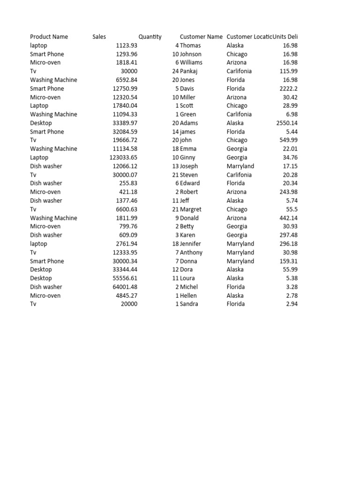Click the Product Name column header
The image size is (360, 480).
(49, 37)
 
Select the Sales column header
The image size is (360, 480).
(99, 37)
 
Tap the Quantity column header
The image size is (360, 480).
(150, 37)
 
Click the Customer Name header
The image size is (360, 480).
(201, 37)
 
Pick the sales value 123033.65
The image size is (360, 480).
(123, 157)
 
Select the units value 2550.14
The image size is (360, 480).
(287, 123)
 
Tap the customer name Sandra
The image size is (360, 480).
(189, 304)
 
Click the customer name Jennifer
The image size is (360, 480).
(190, 244)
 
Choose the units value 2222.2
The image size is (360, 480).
(288, 89)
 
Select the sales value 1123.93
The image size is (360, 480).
(127, 45)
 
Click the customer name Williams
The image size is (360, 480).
(191, 62)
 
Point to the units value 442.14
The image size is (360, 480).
(288, 218)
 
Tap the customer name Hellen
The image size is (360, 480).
(188, 295)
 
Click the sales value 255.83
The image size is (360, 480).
(128, 183)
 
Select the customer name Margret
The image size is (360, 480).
(191, 210)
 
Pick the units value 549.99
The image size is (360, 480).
(288, 140)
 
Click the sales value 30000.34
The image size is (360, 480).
(125, 261)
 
